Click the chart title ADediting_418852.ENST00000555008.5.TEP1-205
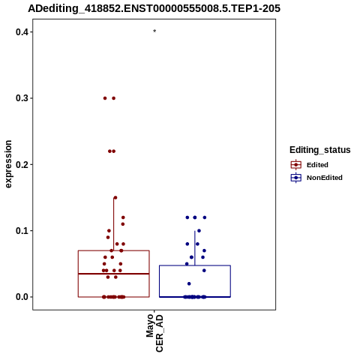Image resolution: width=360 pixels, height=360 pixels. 154,9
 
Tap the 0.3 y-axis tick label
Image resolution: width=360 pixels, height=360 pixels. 22,98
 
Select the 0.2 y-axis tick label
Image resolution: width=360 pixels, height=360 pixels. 22,165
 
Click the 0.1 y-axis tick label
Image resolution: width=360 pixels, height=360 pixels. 22,231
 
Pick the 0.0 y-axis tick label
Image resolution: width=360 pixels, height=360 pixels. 22,297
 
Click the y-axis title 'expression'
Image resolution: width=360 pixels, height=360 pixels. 8,164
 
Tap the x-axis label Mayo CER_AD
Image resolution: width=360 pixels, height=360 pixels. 154,333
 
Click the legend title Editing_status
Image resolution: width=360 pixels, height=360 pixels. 320,150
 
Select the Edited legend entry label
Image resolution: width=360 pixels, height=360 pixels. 317,165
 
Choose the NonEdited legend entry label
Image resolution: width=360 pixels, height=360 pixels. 325,178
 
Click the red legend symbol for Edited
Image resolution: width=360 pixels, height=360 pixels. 296,165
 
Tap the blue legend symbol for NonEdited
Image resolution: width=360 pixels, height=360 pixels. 296,178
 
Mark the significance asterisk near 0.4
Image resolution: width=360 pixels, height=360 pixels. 154,31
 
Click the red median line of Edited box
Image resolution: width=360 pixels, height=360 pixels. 114,274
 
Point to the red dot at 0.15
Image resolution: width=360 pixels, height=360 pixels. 115,198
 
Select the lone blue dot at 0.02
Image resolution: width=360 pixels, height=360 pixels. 189,283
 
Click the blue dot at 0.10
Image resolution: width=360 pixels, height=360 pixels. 199,231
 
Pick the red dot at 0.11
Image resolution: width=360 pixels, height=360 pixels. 123,224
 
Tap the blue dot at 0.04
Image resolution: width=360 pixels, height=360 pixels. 204,271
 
